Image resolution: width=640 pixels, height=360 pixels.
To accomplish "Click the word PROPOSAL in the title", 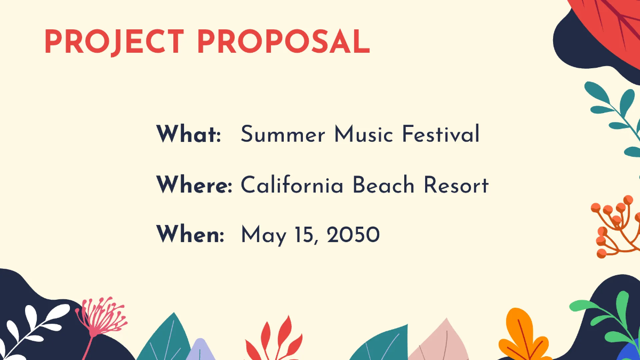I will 283,42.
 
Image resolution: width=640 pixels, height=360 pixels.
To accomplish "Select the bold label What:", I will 188,134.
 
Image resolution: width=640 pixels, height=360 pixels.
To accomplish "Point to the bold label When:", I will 190,235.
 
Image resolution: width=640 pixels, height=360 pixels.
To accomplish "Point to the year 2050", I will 353,235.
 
